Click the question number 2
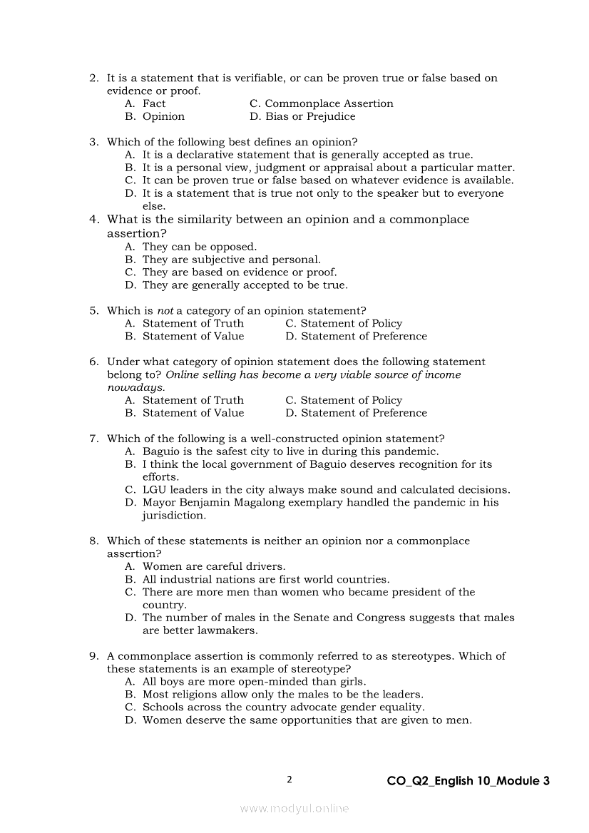click(x=93, y=78)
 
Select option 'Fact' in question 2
click(x=153, y=104)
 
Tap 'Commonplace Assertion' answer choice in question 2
click(x=329, y=104)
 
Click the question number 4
click(x=93, y=220)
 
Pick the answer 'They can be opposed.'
click(x=199, y=247)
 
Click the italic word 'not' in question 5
click(x=165, y=311)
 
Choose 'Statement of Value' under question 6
click(x=193, y=414)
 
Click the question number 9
click(x=93, y=657)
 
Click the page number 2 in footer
click(x=290, y=780)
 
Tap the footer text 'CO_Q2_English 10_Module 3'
click(x=468, y=781)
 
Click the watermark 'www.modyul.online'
click(x=294, y=809)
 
